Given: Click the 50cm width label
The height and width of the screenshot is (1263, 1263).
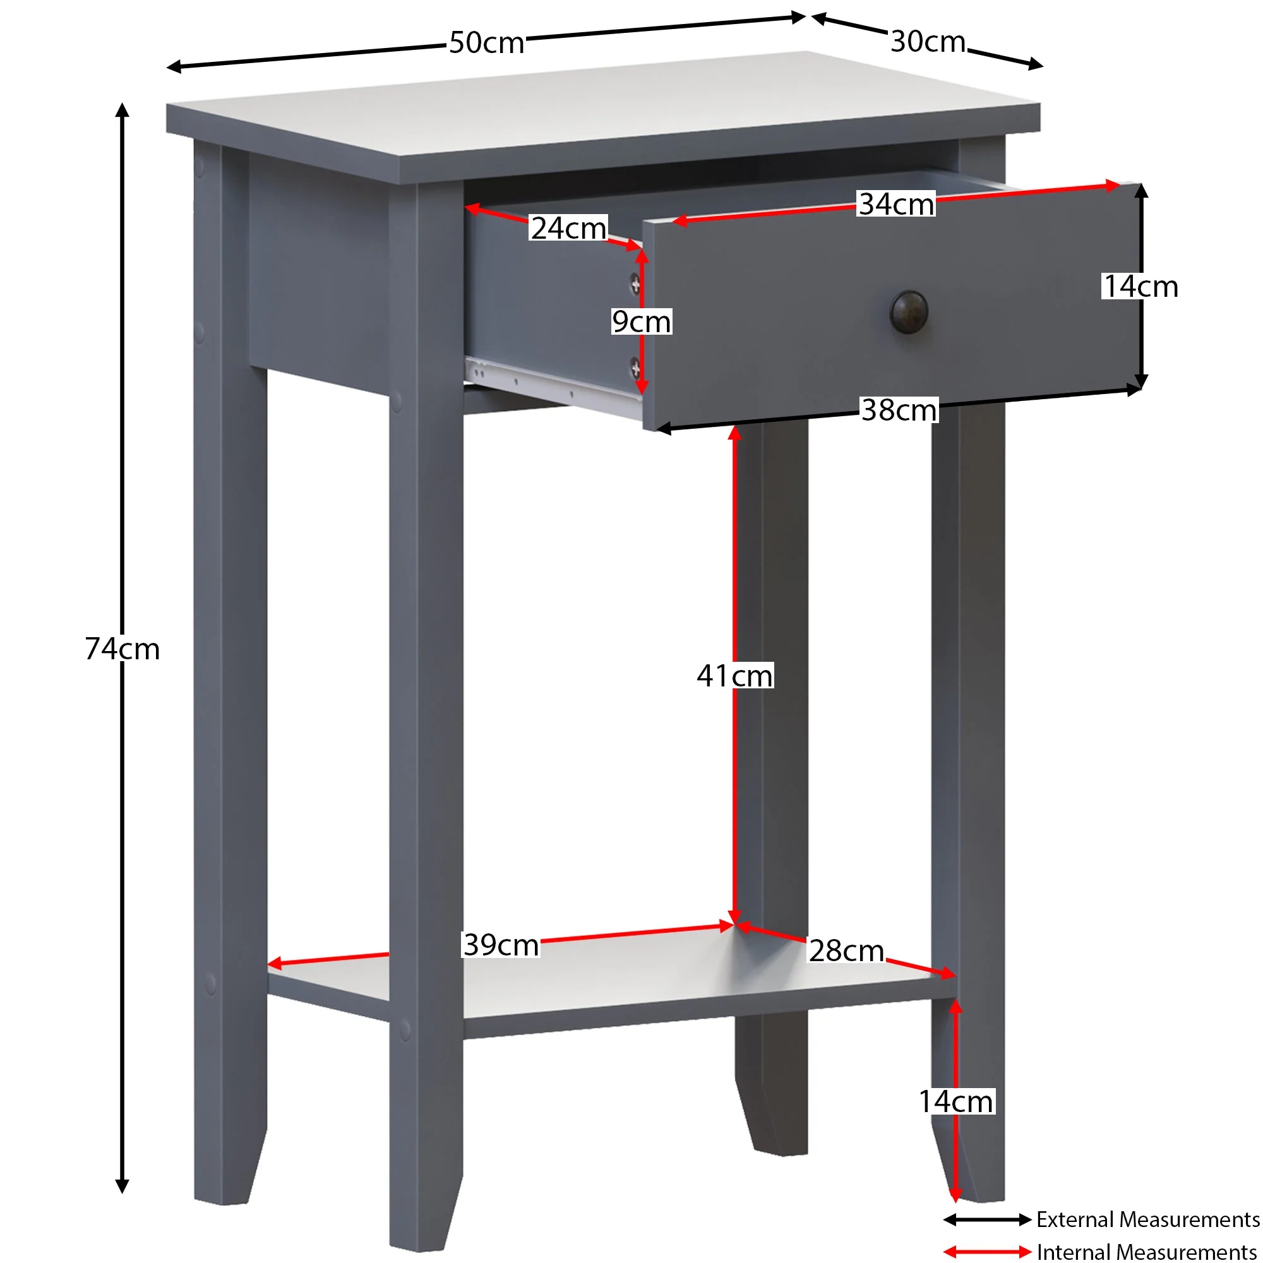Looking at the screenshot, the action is tap(486, 42).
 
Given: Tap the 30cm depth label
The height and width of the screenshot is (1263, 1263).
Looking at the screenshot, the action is tap(928, 41).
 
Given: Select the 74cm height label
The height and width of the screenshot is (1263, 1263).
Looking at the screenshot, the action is tap(123, 649).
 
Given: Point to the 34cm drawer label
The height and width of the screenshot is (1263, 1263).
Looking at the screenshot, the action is tap(896, 204).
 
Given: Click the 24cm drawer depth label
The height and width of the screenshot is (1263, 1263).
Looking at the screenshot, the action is tap(568, 228).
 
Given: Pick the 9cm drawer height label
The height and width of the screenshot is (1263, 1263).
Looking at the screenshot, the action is tap(642, 321).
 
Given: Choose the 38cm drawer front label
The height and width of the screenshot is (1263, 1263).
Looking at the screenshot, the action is tap(899, 410).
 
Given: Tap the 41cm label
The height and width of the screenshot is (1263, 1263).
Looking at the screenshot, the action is tap(735, 676).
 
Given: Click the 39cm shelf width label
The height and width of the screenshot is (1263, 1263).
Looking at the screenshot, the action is tap(501, 945).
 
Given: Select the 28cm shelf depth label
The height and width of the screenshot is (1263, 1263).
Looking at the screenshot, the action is tap(846, 951).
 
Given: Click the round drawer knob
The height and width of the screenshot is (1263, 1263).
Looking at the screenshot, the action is tap(909, 312).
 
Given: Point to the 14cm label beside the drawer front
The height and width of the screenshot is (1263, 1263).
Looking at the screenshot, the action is tap(1140, 286).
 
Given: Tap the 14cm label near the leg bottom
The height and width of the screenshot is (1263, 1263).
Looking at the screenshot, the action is tap(956, 1102).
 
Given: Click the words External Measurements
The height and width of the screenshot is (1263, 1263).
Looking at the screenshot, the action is tap(1148, 1219).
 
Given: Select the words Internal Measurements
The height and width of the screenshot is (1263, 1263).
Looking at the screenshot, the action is tap(1147, 1252).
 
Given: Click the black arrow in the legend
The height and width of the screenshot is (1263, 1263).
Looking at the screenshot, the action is tap(987, 1219).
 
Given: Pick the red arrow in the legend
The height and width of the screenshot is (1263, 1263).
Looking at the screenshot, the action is tap(987, 1252).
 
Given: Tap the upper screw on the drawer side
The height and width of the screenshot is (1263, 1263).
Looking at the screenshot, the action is tap(635, 284).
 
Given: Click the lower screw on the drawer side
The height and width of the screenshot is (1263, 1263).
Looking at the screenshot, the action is tap(635, 368).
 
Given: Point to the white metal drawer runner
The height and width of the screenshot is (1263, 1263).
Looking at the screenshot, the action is tap(553, 387).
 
